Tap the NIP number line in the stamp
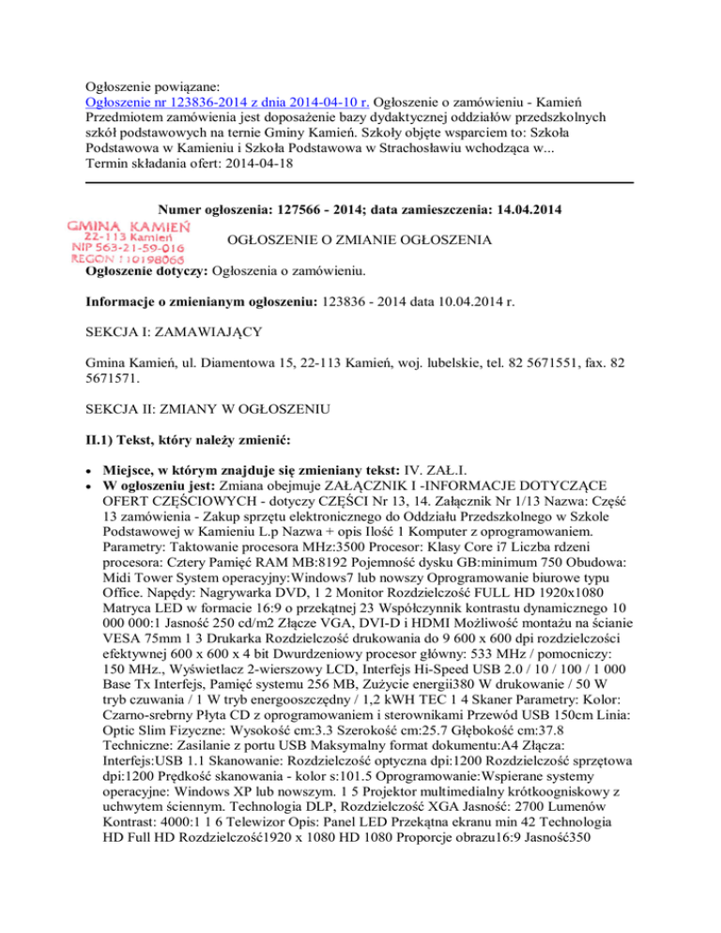pyautogui.click(x=128, y=248)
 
